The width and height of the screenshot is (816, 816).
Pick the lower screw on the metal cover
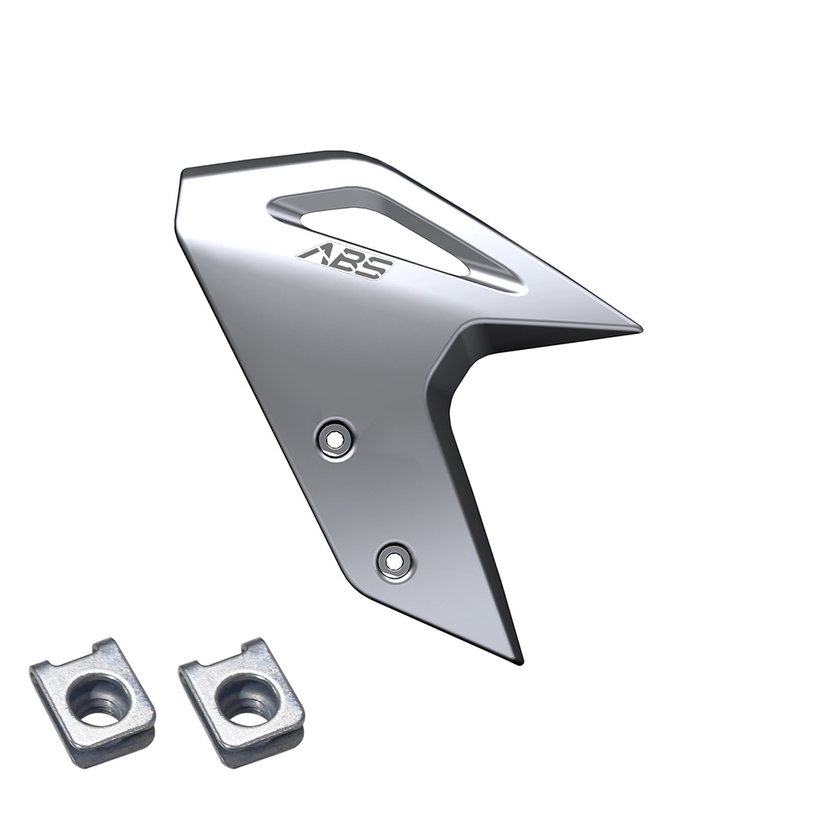(x=395, y=560)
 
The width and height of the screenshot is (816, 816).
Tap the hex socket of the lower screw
(x=395, y=560)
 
